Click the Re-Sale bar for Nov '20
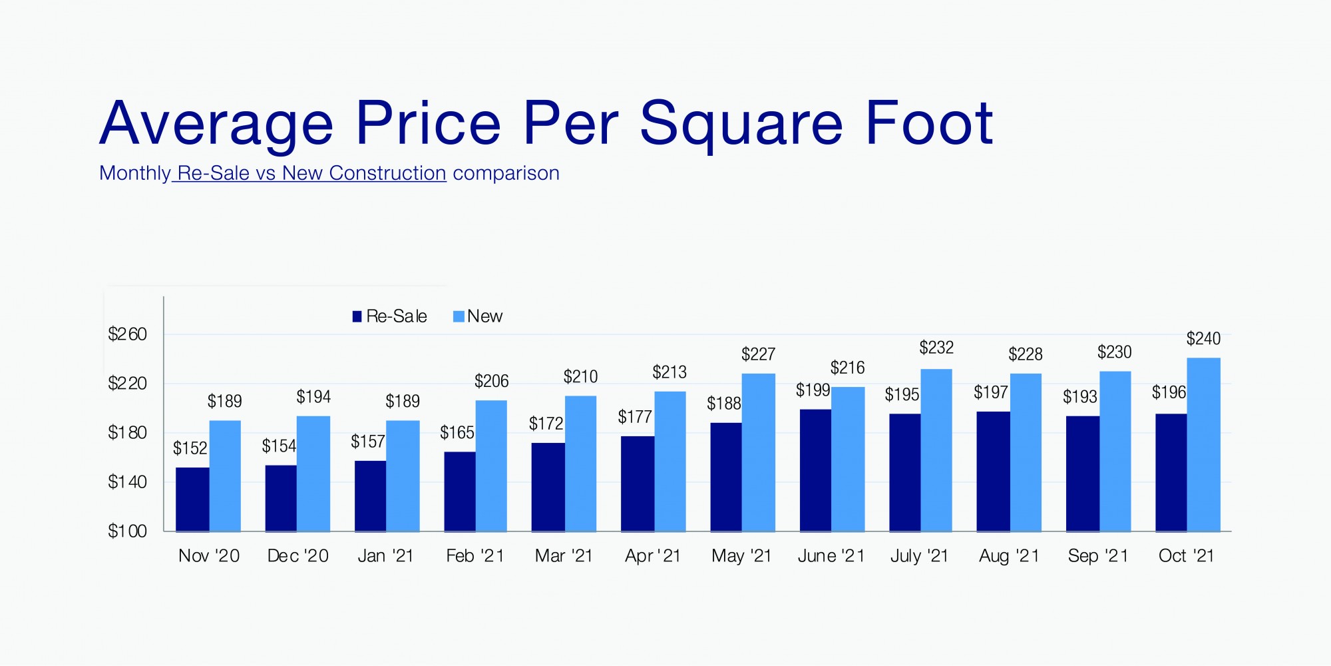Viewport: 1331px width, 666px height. coord(192,499)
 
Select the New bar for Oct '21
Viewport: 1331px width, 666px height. coord(1204,445)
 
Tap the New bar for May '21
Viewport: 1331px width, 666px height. coord(759,453)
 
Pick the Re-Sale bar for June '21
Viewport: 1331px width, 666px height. coord(815,470)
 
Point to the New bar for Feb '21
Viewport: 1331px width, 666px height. coord(491,466)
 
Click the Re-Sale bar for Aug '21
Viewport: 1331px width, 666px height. coord(993,472)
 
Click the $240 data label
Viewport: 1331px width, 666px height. coord(1203,339)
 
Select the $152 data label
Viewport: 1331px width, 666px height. coord(190,448)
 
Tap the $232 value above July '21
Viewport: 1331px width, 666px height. coord(936,348)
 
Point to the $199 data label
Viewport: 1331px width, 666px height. coord(813,390)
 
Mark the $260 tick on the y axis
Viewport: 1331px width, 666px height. coord(127,334)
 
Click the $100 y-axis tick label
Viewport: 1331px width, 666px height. coord(127,531)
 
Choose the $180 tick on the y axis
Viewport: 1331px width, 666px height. coord(127,433)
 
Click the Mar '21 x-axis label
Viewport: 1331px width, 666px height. coord(564,556)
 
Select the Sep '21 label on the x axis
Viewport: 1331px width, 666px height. coord(1098,556)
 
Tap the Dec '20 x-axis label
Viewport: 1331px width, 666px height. coord(297,556)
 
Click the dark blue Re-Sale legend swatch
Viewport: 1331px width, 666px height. coord(357,316)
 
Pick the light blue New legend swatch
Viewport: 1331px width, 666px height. coord(459,316)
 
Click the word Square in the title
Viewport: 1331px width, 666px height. coord(741,124)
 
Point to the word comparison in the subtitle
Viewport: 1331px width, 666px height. coord(506,173)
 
